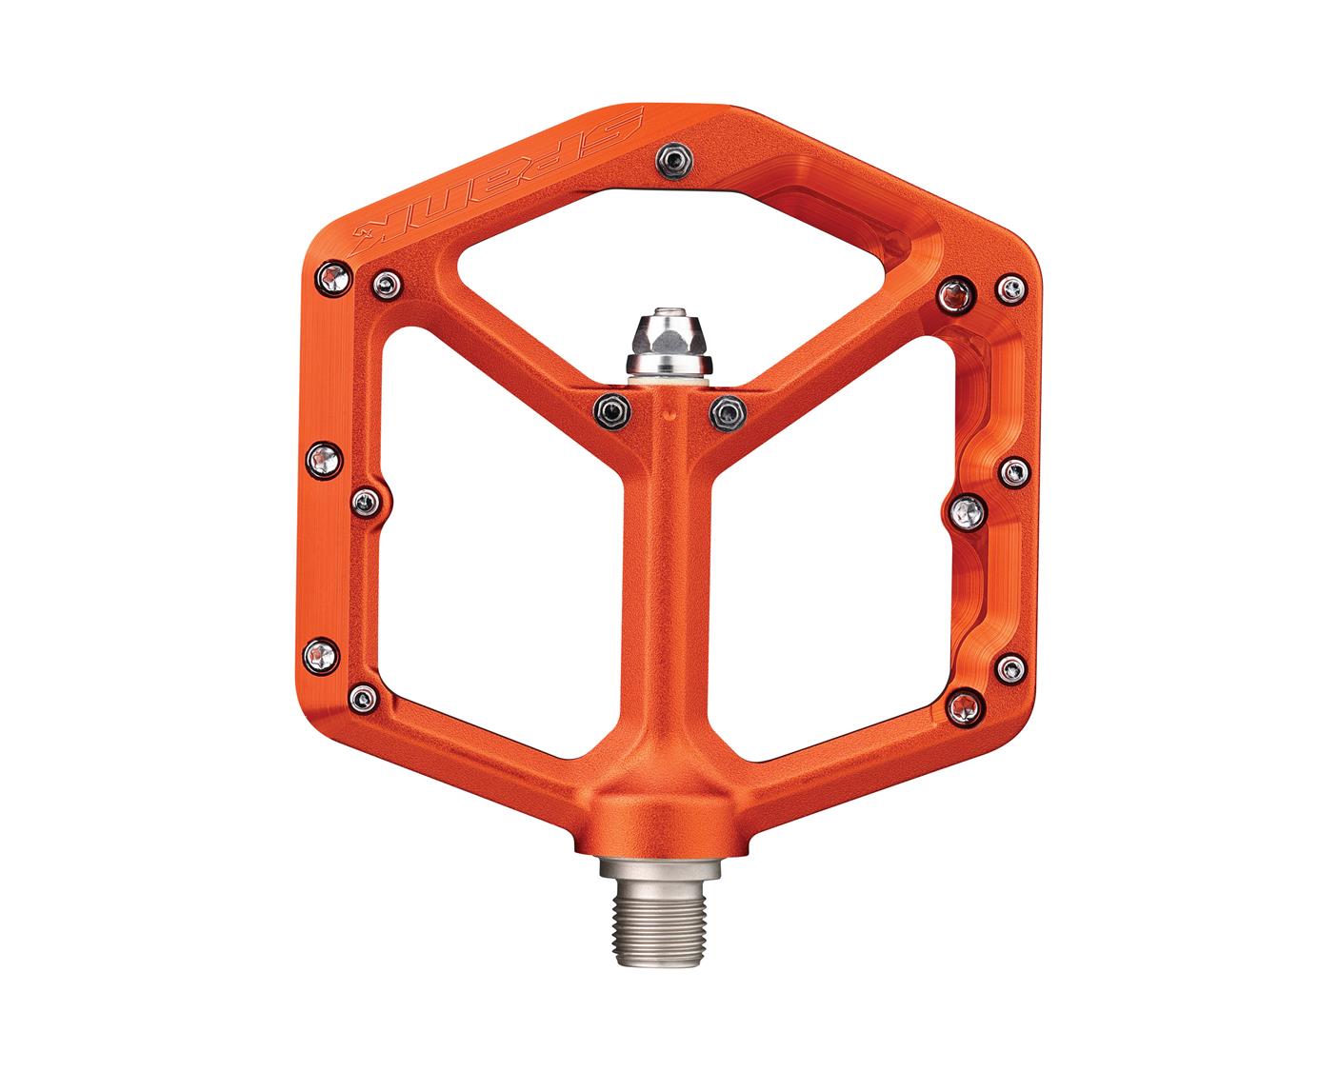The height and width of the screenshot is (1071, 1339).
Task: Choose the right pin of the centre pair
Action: pos(729,409)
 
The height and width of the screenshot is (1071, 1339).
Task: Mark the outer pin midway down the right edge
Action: pos(1016,469)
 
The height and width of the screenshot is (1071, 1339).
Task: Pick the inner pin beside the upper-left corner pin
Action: pos(386,282)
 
